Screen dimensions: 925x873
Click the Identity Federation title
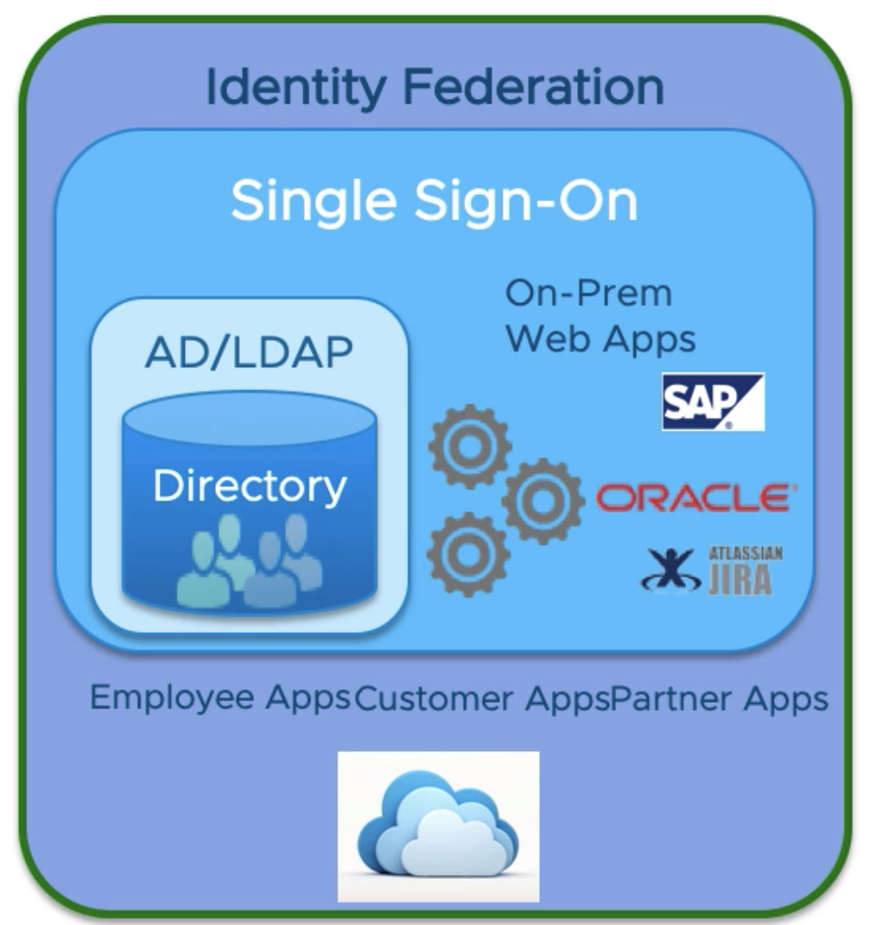pos(435,87)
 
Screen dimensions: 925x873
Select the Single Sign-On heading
pos(434,201)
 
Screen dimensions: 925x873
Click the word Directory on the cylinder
pos(250,486)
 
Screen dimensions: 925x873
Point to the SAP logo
pos(712,401)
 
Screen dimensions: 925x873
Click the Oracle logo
pos(695,497)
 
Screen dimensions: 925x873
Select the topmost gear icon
pos(469,445)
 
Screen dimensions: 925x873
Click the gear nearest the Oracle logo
pos(543,500)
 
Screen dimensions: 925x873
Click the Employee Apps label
pos(221,698)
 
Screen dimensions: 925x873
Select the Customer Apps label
pos(482,698)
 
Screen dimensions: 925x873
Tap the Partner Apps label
pos(720,698)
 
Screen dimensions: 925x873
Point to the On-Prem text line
pos(588,294)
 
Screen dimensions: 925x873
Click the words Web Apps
pos(601,338)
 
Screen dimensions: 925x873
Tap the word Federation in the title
pos(534,87)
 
